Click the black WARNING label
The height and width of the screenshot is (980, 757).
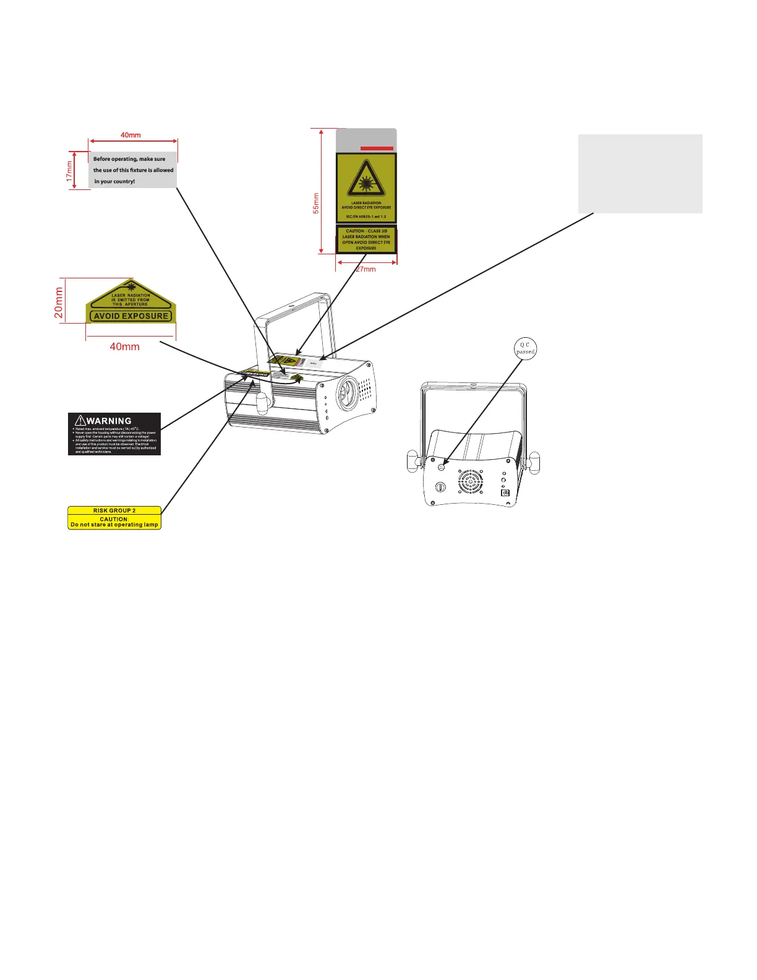coord(114,434)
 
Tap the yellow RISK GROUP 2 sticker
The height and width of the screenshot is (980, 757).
coord(114,518)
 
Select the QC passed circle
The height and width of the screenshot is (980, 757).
coord(525,348)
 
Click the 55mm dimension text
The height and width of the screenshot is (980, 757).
coord(316,203)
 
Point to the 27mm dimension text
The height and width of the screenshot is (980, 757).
coord(366,269)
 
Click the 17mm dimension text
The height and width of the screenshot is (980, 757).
coord(70,171)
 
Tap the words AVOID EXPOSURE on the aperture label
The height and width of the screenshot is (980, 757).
coord(130,316)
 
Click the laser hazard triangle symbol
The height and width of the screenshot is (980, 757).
coord(366,179)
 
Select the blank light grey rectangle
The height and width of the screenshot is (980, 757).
coord(640,173)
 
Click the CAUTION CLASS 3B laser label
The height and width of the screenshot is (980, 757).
coord(366,239)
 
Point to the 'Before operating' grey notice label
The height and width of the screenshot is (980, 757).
coord(133,170)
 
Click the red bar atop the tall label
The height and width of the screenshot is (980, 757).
coord(377,148)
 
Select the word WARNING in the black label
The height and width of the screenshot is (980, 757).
coord(109,421)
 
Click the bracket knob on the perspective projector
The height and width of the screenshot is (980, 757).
coord(262,403)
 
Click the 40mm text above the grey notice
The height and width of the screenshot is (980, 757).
coord(130,135)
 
